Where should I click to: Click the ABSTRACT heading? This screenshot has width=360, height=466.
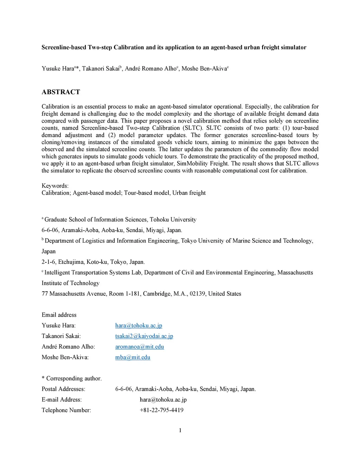coord(61,92)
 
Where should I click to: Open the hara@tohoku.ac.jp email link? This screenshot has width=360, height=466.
coord(139,325)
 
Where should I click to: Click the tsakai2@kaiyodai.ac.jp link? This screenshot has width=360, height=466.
coord(144,336)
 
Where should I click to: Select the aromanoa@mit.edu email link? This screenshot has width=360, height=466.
coord(140,346)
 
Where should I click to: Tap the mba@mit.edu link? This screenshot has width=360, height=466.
coord(133,357)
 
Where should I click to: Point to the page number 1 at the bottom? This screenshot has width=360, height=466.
coord(180,430)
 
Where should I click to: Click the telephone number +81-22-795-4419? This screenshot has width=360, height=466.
coord(161,410)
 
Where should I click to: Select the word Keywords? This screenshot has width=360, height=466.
coord(55,186)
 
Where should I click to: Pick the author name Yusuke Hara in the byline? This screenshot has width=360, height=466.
coord(57,69)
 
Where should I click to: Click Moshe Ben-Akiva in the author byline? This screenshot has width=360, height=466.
coord(204,69)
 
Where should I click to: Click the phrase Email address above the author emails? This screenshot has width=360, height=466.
coord(59,315)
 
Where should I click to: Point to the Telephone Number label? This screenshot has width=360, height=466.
coord(66,410)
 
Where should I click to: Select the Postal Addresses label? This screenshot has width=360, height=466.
coord(63,389)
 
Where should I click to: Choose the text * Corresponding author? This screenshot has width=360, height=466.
coord(71,378)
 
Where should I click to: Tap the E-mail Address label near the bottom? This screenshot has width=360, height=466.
coord(62,400)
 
